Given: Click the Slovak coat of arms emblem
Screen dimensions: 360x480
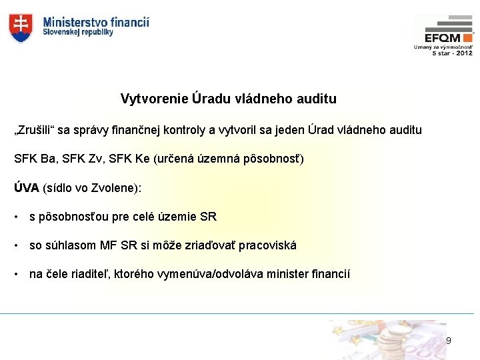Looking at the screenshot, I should pyautogui.click(x=21, y=27).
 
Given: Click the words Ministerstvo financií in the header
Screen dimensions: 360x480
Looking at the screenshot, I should pyautogui.click(x=96, y=22).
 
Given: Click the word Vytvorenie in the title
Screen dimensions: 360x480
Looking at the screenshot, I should pyautogui.click(x=153, y=99).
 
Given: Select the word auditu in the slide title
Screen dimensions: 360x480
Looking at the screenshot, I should pyautogui.click(x=317, y=99).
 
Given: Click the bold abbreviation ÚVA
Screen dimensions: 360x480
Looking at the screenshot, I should pyautogui.click(x=27, y=188).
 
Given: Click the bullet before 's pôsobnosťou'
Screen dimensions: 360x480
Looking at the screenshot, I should pyautogui.click(x=16, y=217).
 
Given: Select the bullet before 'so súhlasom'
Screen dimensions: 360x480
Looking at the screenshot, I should pyautogui.click(x=16, y=246).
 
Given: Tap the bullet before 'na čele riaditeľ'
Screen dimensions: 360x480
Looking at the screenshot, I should pyautogui.click(x=16, y=275).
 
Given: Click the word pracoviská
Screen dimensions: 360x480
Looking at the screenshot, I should pyautogui.click(x=267, y=246).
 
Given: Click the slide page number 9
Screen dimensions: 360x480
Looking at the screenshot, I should pyautogui.click(x=448, y=341).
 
